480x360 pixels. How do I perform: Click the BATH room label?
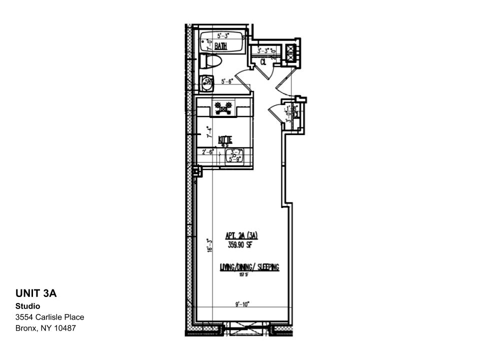pos(220,46)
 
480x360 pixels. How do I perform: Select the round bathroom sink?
pos(206,83)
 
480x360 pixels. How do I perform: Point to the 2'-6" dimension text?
pos(208,152)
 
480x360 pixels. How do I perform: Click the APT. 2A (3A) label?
pos(242,236)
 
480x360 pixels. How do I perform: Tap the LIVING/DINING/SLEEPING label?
pos(249,267)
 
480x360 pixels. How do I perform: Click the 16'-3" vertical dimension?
pos(209,245)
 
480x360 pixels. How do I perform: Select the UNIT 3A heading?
pos(36,293)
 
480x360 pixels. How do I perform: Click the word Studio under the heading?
pos(27,306)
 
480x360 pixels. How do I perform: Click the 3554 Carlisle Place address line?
pos(49,317)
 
